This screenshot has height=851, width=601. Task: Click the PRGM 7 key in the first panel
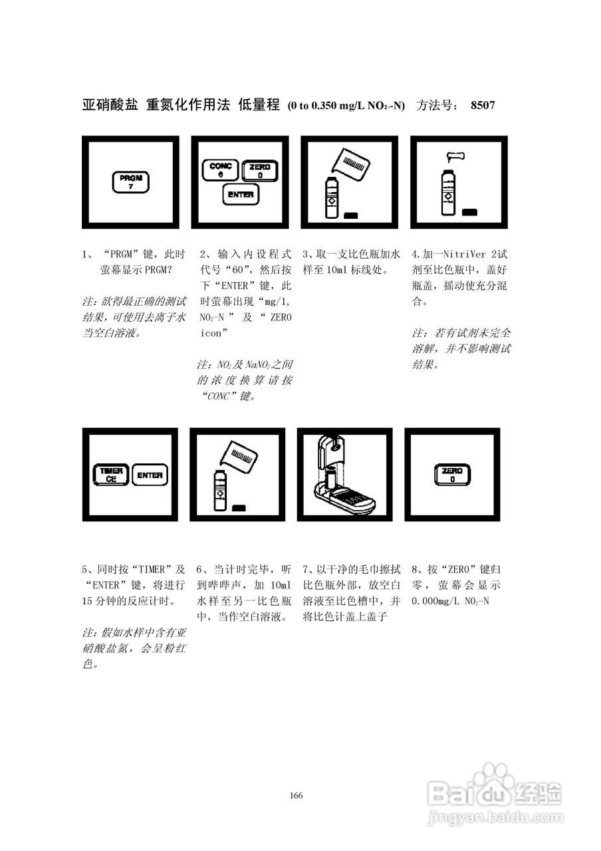click(131, 182)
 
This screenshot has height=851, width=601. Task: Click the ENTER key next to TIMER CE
click(149, 475)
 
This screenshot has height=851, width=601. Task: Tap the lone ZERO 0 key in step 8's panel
click(452, 475)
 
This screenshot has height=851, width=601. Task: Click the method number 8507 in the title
click(482, 105)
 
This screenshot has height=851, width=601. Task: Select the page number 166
click(297, 796)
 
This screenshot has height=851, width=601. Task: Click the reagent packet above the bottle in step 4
click(456, 157)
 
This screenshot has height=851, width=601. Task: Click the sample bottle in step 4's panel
click(448, 193)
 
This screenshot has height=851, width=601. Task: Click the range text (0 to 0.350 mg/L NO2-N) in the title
click(346, 106)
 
